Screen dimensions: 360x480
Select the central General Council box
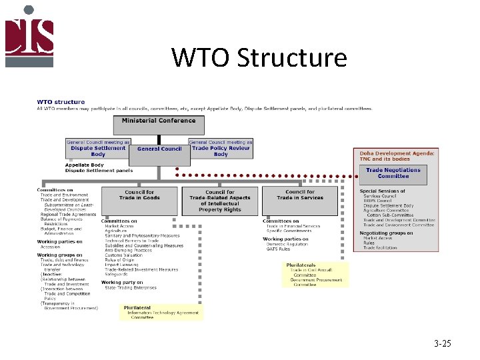click(159, 149)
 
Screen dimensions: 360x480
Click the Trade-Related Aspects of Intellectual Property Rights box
click(220, 201)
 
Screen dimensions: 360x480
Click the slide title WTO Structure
click(259, 58)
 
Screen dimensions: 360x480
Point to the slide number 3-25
click(442, 344)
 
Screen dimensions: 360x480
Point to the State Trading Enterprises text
click(131, 288)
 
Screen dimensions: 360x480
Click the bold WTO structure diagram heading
click(61, 102)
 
